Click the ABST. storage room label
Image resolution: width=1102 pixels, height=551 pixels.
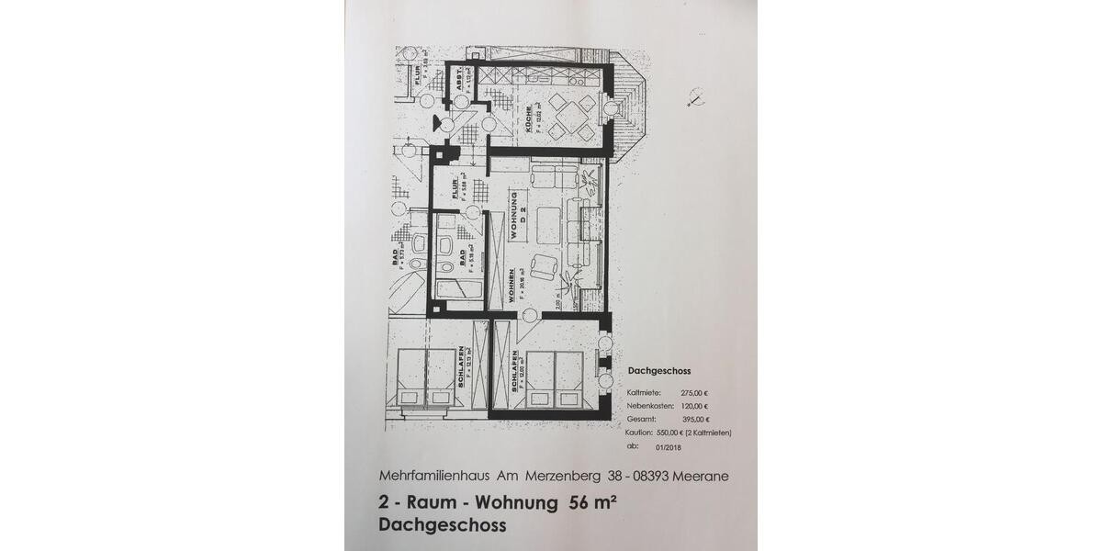point(456,84)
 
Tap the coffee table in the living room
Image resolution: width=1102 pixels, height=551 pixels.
point(549,221)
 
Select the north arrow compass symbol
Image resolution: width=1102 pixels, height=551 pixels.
point(695,96)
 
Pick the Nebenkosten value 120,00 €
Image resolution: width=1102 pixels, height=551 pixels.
point(694,405)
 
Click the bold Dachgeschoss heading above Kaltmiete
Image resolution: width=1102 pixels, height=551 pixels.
point(659,372)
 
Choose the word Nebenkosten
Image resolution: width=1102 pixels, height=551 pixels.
point(650,405)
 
